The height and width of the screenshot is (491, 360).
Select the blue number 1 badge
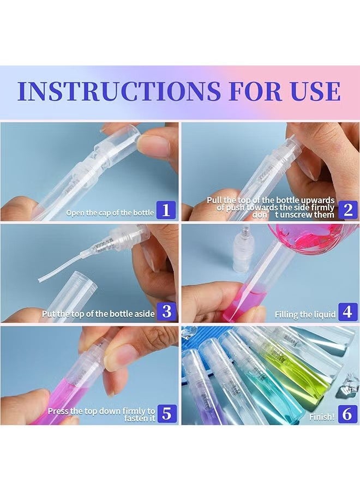[x=166, y=210]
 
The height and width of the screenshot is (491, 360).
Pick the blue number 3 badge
[x=167, y=312]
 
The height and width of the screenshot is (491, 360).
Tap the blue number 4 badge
[x=348, y=312]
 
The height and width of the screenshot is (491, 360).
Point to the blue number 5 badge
[x=167, y=414]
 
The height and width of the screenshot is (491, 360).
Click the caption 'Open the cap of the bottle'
[x=110, y=213]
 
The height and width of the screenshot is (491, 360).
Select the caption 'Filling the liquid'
[x=305, y=314]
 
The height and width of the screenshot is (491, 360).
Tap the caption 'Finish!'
[x=322, y=417]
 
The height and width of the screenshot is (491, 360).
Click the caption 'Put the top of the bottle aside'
[x=98, y=314]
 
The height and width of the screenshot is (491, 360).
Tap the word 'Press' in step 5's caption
[x=58, y=411]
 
